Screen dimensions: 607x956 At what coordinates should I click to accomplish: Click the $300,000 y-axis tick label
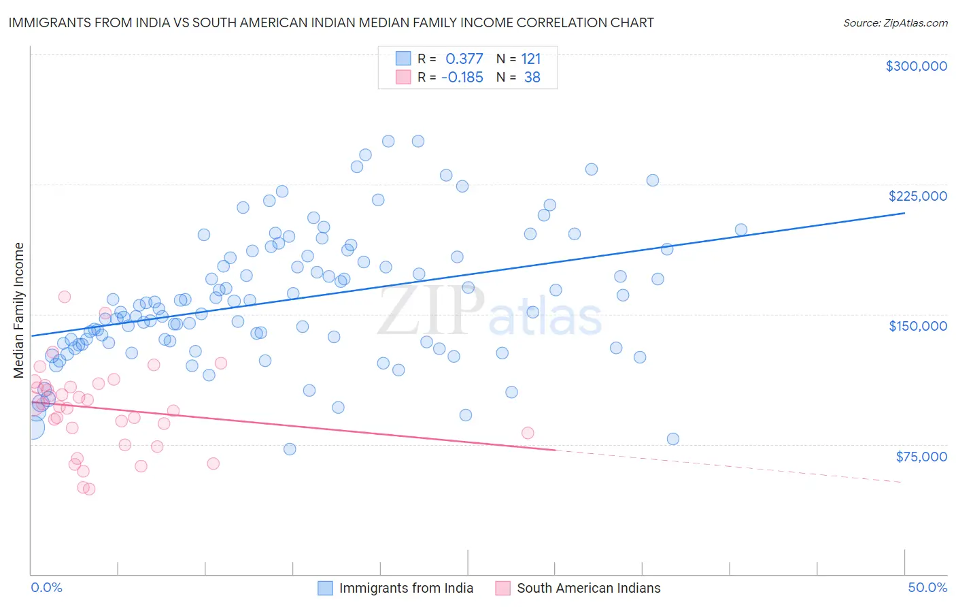coord(916,66)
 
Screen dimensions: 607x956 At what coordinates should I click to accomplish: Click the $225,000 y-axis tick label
coord(917,196)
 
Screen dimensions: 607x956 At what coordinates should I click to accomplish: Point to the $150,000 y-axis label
coord(917,326)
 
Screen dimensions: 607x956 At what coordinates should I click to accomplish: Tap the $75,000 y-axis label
coord(921,457)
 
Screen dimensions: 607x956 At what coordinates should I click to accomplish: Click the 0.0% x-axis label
coord(46,587)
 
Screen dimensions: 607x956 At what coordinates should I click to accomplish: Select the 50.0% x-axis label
coord(927,587)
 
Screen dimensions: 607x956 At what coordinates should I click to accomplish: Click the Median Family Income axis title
coord(18,310)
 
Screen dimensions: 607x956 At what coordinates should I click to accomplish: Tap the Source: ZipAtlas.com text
coord(895,23)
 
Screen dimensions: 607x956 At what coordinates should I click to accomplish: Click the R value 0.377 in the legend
coord(464,59)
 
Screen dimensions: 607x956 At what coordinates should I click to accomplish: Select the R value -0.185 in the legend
coord(462,78)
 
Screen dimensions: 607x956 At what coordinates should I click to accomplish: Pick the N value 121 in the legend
coord(530,59)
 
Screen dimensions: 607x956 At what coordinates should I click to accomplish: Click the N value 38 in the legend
coord(532,78)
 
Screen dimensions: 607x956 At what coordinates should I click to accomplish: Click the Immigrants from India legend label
coord(406,588)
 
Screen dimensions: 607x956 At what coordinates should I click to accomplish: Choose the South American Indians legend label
coord(588,588)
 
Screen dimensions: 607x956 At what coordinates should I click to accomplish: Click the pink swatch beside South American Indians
coord(502,588)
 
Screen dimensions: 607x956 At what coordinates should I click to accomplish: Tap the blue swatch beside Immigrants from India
coord(325,588)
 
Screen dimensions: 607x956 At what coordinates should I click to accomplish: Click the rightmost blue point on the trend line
coord(741,230)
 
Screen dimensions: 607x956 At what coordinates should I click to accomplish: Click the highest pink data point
coord(65,297)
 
